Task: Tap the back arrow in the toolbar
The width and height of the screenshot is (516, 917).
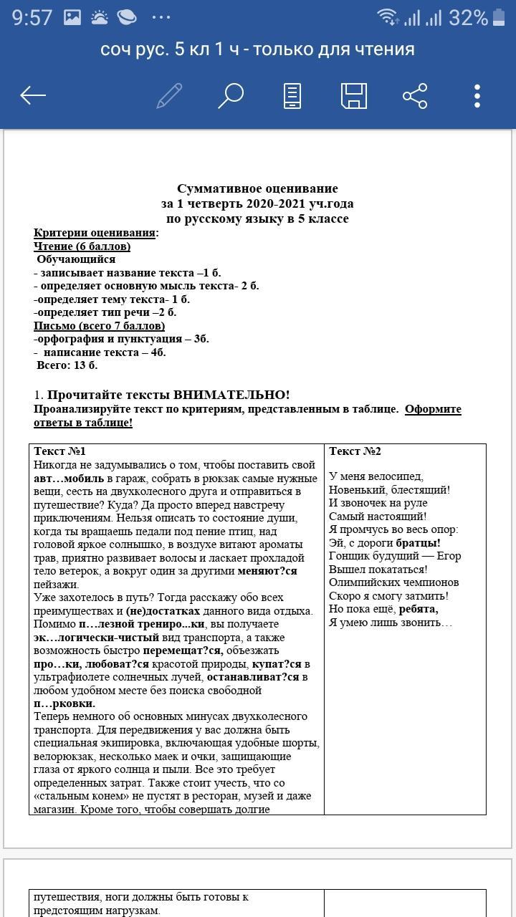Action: pyautogui.click(x=33, y=95)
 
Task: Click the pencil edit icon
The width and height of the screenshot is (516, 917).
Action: pyautogui.click(x=169, y=95)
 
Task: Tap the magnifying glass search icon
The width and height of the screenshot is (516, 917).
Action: pyautogui.click(x=231, y=95)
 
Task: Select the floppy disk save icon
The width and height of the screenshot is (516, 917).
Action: pyautogui.click(x=353, y=95)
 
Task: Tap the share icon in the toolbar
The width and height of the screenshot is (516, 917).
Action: pyautogui.click(x=415, y=95)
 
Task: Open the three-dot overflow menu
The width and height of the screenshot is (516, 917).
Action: pyautogui.click(x=477, y=95)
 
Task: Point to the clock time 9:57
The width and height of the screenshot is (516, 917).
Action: pyautogui.click(x=32, y=17)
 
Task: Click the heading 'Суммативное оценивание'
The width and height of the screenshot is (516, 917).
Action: pyautogui.click(x=257, y=189)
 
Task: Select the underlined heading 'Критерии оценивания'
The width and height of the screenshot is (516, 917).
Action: pyautogui.click(x=95, y=233)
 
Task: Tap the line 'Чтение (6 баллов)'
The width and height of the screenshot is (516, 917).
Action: pyautogui.click(x=82, y=246)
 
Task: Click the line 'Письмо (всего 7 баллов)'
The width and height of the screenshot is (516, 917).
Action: pyautogui.click(x=99, y=326)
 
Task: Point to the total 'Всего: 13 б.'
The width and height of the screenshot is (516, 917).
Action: pyautogui.click(x=67, y=365)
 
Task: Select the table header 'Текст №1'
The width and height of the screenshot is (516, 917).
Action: pyautogui.click(x=59, y=451)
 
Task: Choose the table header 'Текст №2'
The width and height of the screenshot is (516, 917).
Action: pyautogui.click(x=355, y=451)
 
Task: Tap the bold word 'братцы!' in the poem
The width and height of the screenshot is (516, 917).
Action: pyautogui.click(x=418, y=543)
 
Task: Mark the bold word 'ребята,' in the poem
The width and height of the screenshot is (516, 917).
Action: pyautogui.click(x=419, y=609)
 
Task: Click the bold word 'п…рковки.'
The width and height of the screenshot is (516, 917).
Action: pyautogui.click(x=64, y=704)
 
